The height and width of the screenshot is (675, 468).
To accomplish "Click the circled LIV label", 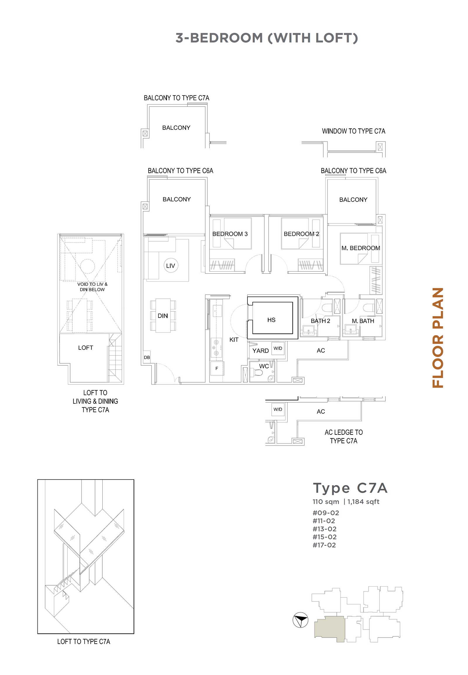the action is (x=170, y=265).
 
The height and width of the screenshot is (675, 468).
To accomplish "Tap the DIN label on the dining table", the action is (x=163, y=316).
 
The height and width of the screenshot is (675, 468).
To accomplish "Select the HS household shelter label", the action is (x=271, y=320).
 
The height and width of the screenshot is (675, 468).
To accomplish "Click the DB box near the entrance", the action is (x=147, y=357).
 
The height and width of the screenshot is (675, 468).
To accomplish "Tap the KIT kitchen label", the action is (x=234, y=340).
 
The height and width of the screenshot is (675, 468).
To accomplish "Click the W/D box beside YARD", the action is (x=278, y=349).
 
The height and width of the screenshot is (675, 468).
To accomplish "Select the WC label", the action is (x=264, y=366).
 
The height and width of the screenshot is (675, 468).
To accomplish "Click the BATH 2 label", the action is (x=321, y=321).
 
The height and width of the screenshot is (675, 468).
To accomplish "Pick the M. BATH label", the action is (x=363, y=321).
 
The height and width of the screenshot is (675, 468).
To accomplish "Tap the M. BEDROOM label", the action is (x=361, y=248).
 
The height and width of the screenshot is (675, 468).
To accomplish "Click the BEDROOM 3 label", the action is (x=230, y=234).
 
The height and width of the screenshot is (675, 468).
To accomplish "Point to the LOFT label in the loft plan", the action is (x=86, y=348).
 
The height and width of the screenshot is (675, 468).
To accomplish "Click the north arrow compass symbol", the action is (x=301, y=620).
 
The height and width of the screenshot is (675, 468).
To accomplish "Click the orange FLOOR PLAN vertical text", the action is (x=438, y=337).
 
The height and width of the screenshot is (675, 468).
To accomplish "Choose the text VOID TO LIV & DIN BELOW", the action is (x=92, y=287).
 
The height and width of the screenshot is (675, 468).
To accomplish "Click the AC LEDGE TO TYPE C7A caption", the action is (x=344, y=437).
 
